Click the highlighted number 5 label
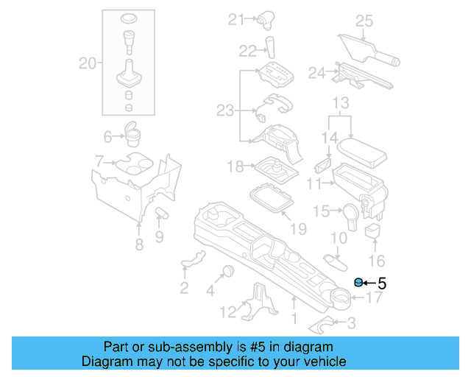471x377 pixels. tap(381, 282)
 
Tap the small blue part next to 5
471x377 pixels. tap(358, 282)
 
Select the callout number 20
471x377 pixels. tap(88, 64)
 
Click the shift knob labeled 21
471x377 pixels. tap(265, 20)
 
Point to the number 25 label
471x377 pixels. tap(365, 21)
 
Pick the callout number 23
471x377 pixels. tap(224, 110)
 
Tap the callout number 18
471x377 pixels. tap(235, 167)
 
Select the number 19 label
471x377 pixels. tap(297, 229)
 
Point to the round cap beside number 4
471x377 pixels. tap(228, 269)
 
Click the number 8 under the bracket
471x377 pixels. tap(139, 244)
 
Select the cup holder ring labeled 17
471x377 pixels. tap(340, 298)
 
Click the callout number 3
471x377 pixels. tap(351, 323)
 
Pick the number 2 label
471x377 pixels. tap(184, 287)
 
